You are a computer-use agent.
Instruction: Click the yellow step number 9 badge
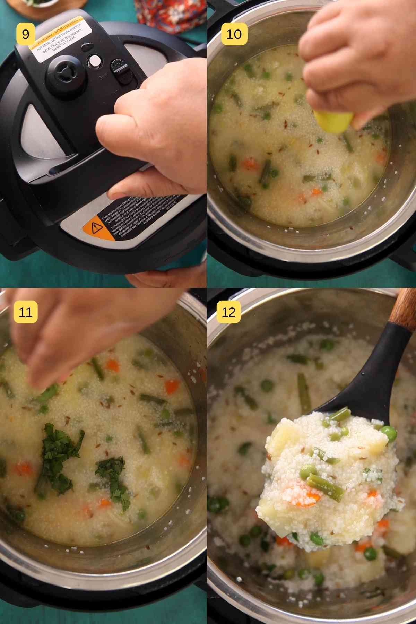[25, 34]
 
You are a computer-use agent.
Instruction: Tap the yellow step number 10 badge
[234, 34]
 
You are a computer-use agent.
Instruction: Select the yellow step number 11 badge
[25, 312]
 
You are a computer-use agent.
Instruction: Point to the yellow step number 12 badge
[228, 312]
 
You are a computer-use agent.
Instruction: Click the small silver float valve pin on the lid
[94, 61]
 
